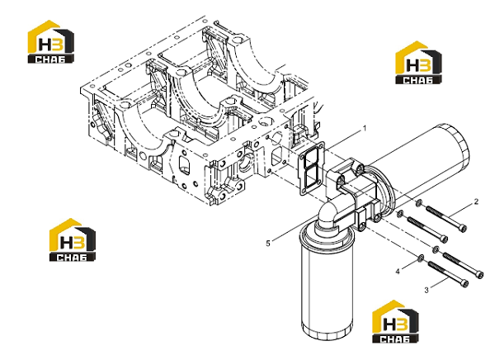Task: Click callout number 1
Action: [365, 129]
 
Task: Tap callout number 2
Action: [476, 201]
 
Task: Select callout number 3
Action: [427, 290]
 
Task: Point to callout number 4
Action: [398, 271]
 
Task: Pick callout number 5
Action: [268, 244]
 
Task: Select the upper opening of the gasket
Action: [309, 159]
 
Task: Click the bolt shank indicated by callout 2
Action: [443, 217]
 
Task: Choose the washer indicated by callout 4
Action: [421, 258]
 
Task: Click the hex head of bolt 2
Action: [463, 228]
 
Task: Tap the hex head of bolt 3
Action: [464, 283]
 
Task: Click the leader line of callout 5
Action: [292, 229]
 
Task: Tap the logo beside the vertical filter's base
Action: [395, 321]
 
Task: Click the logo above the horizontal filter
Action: [418, 63]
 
